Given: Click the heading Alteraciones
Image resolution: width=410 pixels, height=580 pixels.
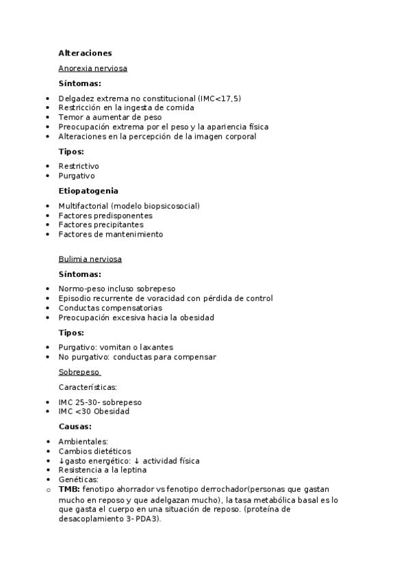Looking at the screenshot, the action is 85,53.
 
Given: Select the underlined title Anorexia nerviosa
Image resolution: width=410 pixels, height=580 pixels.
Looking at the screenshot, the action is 92,68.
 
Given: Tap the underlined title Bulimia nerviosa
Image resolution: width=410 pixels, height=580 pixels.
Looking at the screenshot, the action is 90,259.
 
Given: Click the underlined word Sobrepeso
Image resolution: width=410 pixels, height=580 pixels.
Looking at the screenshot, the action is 79,372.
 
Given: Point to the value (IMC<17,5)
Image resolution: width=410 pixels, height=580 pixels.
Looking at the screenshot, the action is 219,98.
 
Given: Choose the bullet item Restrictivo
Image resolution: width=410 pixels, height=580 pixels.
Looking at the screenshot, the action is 79,166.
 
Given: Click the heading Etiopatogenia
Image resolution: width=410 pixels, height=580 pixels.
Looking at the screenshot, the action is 88,191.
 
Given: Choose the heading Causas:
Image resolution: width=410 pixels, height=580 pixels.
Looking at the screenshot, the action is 75,426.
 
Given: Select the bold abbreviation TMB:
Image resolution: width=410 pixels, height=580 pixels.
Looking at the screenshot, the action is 68,490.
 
